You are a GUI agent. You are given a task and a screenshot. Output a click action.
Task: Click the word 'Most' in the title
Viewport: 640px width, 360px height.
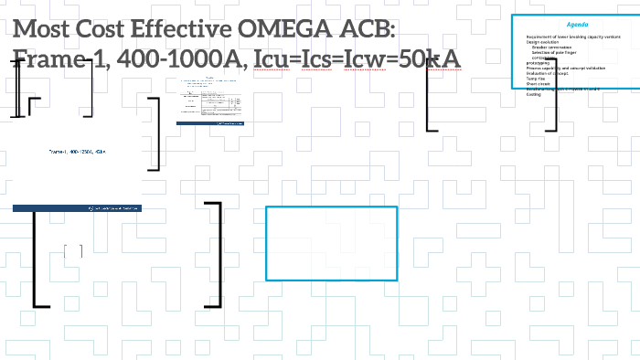point(41,29)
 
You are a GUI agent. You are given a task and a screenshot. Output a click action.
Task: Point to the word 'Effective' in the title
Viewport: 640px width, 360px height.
point(174,29)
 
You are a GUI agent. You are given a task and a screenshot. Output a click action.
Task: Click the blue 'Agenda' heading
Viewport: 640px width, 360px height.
point(577,23)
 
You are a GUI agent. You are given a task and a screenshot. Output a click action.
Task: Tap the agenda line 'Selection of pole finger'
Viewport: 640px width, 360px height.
point(558,53)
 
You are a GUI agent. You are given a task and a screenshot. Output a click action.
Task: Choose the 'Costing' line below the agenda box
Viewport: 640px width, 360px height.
point(534,94)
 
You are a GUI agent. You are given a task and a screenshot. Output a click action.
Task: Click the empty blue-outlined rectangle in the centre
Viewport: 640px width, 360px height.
point(331,243)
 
